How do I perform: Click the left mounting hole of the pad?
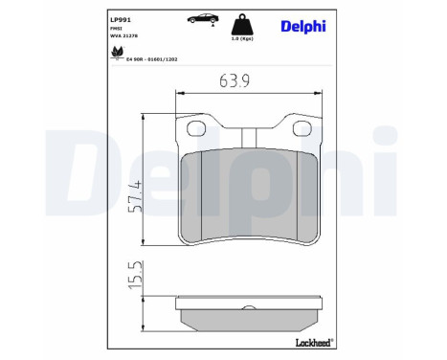199,129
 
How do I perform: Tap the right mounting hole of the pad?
295,129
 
